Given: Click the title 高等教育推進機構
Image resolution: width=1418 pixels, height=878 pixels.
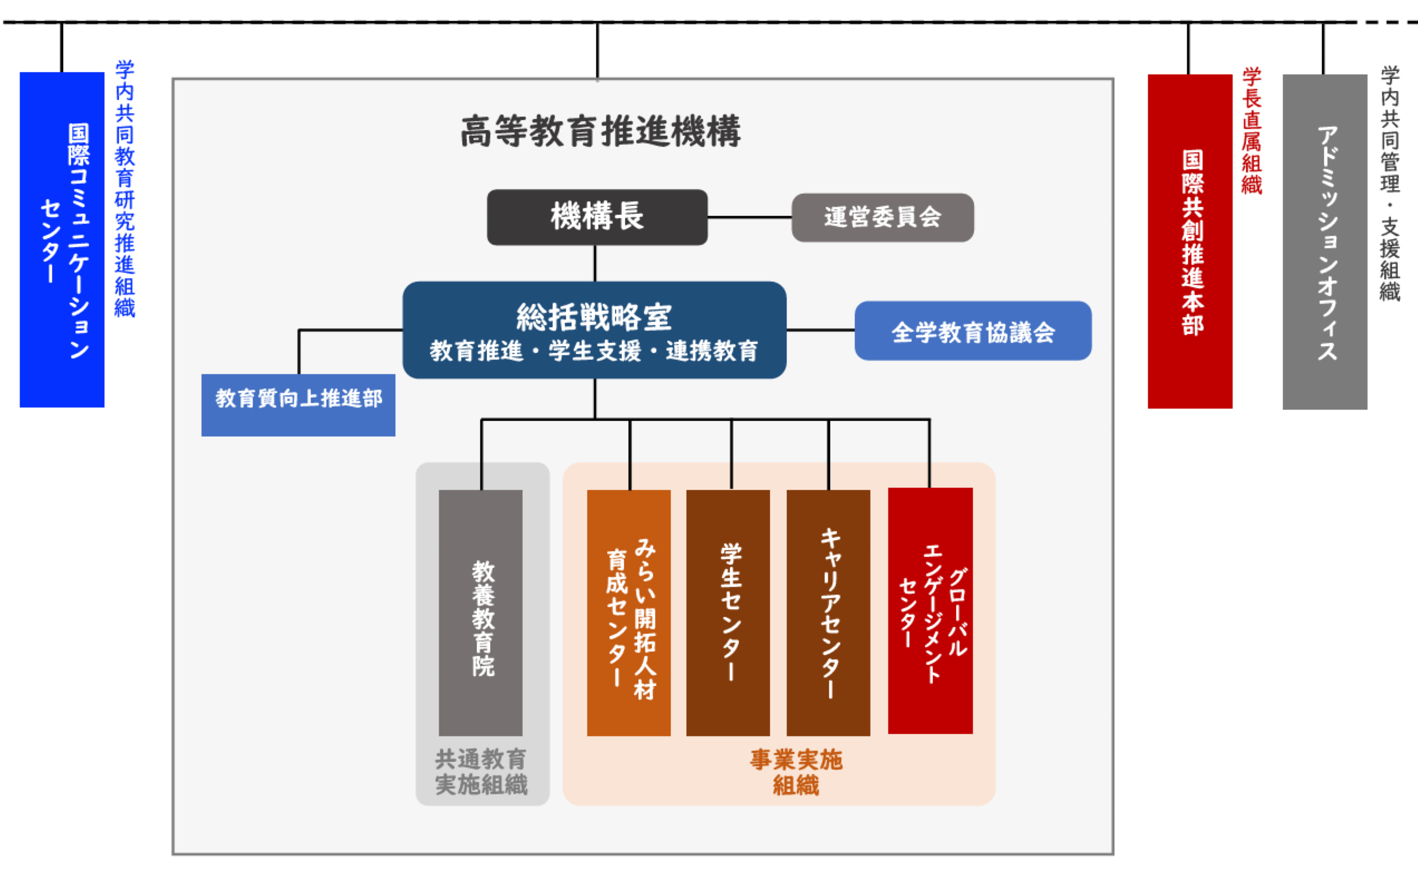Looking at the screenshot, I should point(600,131).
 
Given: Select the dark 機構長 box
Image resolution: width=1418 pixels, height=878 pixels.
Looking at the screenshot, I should point(597,217).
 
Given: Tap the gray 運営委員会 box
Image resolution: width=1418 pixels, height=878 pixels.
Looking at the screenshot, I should point(882,218).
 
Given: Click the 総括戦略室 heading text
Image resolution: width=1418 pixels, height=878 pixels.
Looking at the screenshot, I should point(594,317).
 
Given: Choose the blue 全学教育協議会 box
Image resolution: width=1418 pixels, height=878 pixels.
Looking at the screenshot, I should point(973,331).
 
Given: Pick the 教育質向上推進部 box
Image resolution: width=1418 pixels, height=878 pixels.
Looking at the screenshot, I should point(298,405).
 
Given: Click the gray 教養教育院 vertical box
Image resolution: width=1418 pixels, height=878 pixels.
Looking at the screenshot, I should point(480,613).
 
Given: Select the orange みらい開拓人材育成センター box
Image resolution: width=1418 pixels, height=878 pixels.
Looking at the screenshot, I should point(629,613).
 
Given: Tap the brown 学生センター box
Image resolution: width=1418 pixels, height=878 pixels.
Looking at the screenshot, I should point(728,613).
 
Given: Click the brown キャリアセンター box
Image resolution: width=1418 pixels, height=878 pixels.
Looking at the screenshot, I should point(828,613).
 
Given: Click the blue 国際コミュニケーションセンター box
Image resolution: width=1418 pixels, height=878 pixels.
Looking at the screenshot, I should point(62,239).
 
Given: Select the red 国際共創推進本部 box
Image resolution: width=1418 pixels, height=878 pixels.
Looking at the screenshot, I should point(1189,241).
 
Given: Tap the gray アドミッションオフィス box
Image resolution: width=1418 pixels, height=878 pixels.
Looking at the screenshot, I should point(1324,241).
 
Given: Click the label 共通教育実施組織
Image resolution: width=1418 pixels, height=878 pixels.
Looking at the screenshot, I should point(481,772).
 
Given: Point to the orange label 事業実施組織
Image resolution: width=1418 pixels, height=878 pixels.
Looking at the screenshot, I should point(795,772).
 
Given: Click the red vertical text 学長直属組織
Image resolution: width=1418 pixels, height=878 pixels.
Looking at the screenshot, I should point(1252,131).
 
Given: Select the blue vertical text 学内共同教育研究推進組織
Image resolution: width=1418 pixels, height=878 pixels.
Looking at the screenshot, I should point(124,189).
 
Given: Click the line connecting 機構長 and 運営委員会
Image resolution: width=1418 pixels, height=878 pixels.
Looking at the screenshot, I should point(749,217).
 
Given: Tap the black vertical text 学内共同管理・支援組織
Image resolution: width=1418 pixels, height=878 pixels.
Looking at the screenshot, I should point(1390,183).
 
